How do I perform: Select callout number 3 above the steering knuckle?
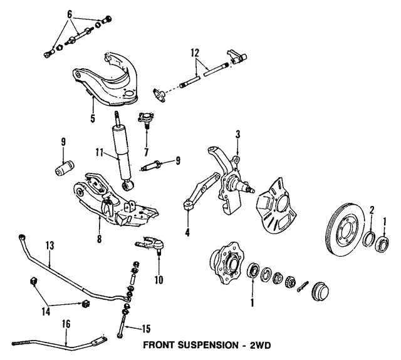(x=237, y=135)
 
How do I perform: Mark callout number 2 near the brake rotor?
(x=372, y=210)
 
